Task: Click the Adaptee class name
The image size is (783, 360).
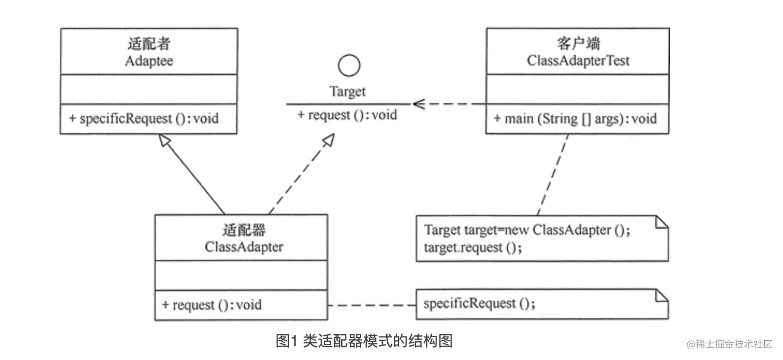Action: click(x=149, y=61)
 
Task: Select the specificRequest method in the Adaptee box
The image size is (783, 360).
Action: click(x=143, y=118)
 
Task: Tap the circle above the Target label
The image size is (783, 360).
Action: click(x=349, y=66)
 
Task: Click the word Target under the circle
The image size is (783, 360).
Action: click(x=347, y=92)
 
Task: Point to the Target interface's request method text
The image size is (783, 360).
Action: click(x=347, y=114)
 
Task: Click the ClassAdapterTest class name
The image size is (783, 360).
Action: click(x=578, y=61)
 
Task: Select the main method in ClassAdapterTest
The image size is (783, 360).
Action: click(x=575, y=118)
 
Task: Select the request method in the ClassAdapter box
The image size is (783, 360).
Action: click(x=212, y=305)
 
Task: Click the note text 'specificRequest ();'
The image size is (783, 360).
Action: click(x=479, y=304)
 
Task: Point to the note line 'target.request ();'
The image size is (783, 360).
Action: click(x=473, y=248)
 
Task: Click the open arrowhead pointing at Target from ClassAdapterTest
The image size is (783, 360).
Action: click(x=418, y=104)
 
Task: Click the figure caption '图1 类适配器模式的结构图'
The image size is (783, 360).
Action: click(x=364, y=341)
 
